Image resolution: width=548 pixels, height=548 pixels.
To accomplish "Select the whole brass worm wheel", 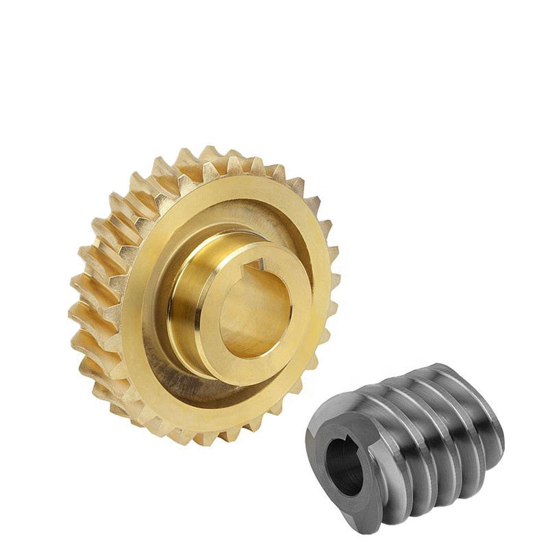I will (206, 295).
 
